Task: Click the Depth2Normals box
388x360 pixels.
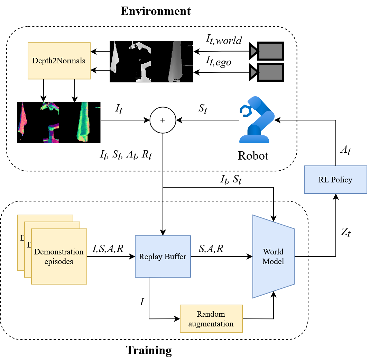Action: (x=59, y=61)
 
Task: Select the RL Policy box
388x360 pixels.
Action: (x=335, y=180)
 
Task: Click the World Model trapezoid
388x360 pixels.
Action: (x=273, y=256)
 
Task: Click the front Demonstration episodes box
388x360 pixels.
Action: (x=59, y=256)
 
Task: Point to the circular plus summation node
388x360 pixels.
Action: (x=163, y=120)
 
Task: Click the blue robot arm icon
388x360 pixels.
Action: (x=256, y=119)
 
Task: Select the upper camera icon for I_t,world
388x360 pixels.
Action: (x=267, y=51)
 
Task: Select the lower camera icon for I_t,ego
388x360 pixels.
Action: (x=267, y=72)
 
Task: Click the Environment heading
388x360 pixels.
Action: (x=155, y=11)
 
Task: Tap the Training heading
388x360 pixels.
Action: (x=149, y=350)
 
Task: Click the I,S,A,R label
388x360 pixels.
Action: (x=108, y=248)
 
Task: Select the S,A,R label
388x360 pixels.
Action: (x=211, y=248)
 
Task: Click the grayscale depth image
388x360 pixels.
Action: (x=151, y=61)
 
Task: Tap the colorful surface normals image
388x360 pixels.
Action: (x=59, y=122)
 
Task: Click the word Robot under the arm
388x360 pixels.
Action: (x=253, y=155)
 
